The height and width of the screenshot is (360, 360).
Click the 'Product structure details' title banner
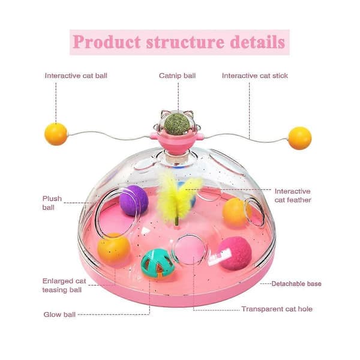[x=179, y=42]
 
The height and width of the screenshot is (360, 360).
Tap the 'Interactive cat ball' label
[x=76, y=76]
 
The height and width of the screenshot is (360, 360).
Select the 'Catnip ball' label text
[x=177, y=76]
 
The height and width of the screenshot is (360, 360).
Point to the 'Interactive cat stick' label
[x=255, y=76]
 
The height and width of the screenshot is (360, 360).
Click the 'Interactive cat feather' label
[x=293, y=196]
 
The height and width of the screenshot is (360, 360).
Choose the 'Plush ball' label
[x=52, y=203]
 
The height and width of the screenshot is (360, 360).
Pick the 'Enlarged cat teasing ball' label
[x=64, y=286]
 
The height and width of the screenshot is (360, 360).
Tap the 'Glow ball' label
[x=59, y=314]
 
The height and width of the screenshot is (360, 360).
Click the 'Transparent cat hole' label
[x=277, y=309]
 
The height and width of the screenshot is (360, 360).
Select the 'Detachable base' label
[x=296, y=284]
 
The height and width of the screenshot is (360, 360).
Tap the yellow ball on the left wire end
[x=56, y=134]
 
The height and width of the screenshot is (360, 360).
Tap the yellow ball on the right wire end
[x=300, y=138]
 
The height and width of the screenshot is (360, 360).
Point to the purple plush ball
[x=134, y=200]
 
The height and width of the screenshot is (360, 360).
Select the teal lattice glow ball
[x=157, y=263]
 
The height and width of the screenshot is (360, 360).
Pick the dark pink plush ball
[x=234, y=253]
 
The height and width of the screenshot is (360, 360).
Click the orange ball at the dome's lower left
[x=114, y=249]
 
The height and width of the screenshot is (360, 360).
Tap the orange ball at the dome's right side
[x=236, y=212]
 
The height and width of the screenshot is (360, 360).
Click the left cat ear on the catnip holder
[x=164, y=114]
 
